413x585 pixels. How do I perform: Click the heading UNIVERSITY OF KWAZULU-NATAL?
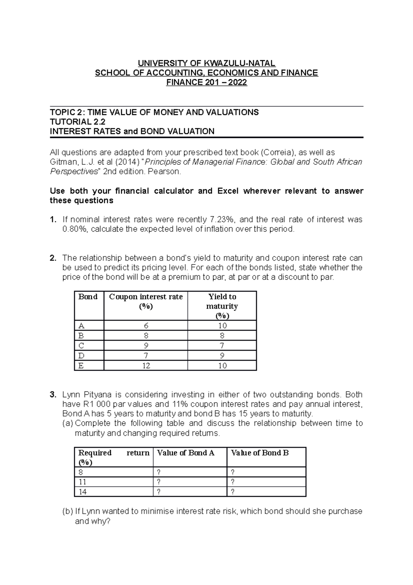tap(206, 63)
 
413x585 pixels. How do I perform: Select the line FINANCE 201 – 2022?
tap(206, 83)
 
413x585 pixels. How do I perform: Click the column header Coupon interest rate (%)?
tap(146, 301)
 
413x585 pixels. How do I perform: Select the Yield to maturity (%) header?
tap(222, 306)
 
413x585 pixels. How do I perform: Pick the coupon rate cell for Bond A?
tap(146, 326)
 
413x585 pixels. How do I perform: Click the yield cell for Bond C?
tap(222, 346)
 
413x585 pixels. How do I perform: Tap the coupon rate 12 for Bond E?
tap(146, 366)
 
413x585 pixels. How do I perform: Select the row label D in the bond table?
tap(81, 356)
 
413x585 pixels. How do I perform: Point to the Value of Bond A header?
tap(186, 453)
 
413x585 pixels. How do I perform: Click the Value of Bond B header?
tap(260, 453)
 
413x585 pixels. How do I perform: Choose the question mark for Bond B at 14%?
tap(233, 492)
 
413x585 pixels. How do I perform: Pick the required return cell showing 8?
tap(81, 472)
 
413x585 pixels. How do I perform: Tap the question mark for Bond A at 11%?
tap(159, 482)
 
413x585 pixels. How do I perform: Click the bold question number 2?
tap(53, 258)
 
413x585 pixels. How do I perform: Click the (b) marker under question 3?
tap(67, 511)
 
